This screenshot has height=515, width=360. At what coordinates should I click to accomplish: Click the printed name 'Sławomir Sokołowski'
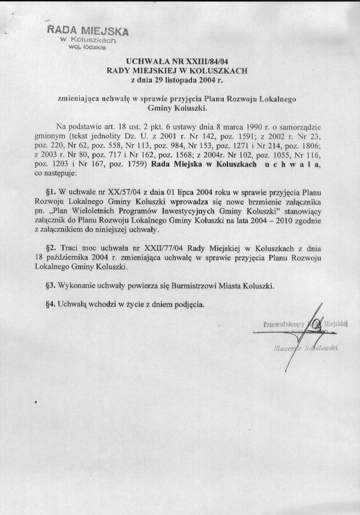pyautogui.click(x=302, y=347)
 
